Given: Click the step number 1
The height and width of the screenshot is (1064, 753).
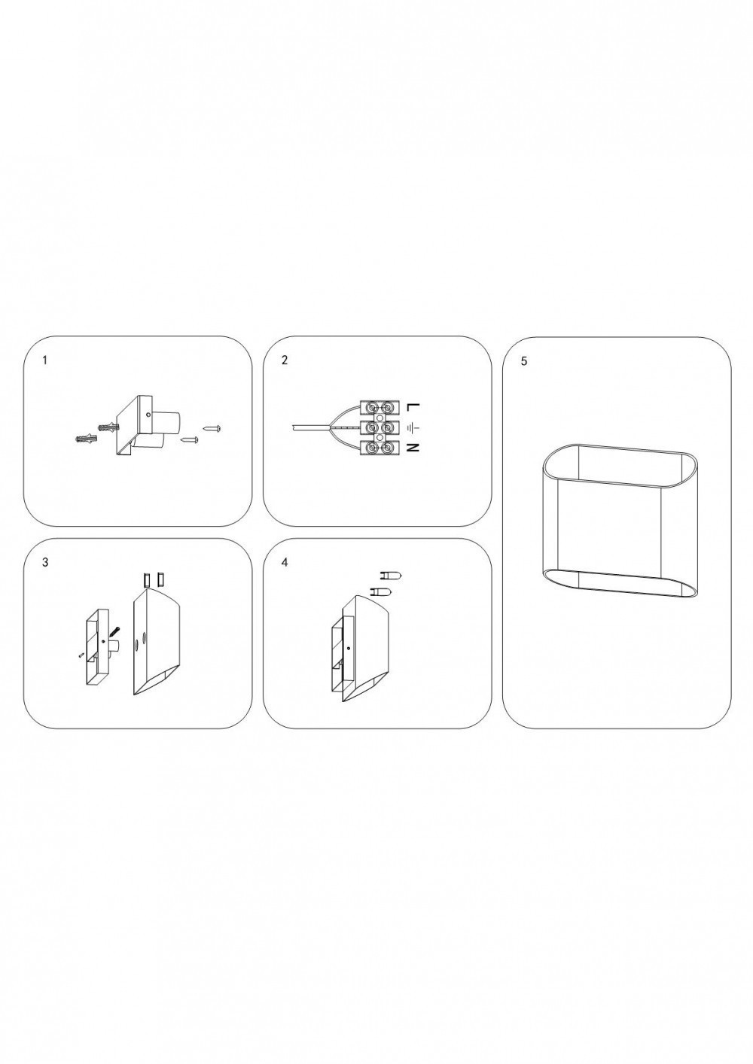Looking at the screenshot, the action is click(x=44, y=360).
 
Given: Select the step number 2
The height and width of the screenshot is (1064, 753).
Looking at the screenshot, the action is click(x=285, y=360).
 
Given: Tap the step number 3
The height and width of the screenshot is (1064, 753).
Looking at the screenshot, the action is click(x=45, y=562).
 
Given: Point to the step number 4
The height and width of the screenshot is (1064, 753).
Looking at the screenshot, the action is click(x=285, y=562).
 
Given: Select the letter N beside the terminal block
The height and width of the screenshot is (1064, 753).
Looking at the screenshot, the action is click(x=413, y=448).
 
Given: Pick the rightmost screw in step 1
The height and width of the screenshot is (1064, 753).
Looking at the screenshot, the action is click(x=212, y=429).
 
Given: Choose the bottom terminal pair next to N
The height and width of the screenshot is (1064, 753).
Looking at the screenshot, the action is click(x=379, y=448).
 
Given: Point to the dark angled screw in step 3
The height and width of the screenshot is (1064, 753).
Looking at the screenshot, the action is click(x=114, y=632).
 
